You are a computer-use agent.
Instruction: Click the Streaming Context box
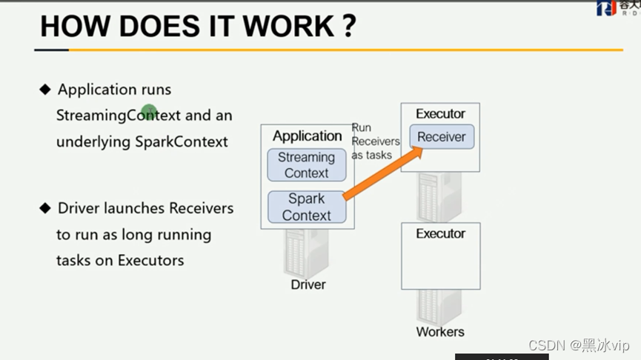(x=307, y=165)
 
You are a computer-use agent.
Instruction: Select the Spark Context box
(x=307, y=207)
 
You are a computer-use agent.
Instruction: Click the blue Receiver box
(x=442, y=137)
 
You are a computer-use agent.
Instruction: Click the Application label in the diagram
(x=307, y=136)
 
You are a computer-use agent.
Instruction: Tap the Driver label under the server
(x=308, y=284)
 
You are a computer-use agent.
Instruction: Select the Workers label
(x=440, y=332)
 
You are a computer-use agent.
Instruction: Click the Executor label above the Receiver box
(x=440, y=114)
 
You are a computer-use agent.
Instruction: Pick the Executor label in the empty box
(x=440, y=234)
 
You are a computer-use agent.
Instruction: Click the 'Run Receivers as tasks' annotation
(x=375, y=141)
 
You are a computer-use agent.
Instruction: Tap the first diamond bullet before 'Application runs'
(x=45, y=90)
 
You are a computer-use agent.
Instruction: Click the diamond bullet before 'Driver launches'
(x=45, y=208)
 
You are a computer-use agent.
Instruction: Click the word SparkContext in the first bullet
(x=182, y=141)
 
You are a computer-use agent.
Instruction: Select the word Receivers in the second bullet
(x=202, y=208)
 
